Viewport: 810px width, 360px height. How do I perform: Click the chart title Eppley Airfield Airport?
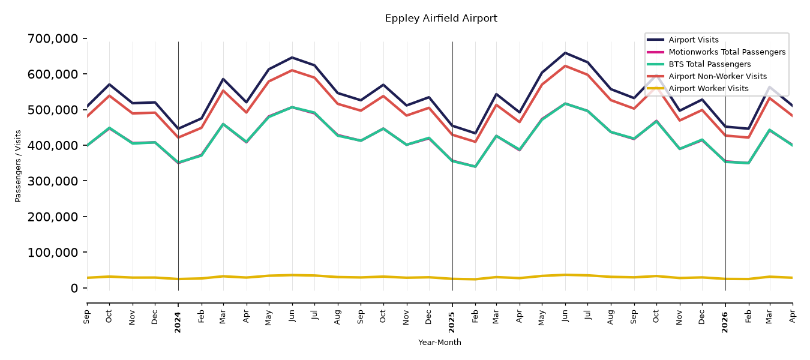[x=441, y=19]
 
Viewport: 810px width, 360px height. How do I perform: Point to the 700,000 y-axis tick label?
[x=53, y=38]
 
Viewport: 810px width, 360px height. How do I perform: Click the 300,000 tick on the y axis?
[x=53, y=181]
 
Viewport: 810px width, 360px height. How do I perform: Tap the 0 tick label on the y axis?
[x=74, y=288]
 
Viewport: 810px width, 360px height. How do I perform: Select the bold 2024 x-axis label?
[x=178, y=322]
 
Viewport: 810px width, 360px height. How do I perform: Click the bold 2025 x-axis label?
[x=452, y=322]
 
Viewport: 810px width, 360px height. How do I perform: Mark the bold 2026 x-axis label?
[x=725, y=322]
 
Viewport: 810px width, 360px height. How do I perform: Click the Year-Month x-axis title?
[x=440, y=342]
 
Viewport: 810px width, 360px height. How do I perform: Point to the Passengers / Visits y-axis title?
[x=18, y=166]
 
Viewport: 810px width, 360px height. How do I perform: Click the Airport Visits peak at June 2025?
[x=565, y=53]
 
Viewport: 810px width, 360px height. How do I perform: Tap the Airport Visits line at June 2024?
[x=292, y=58]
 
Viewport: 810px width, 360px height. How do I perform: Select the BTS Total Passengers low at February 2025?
[x=475, y=167]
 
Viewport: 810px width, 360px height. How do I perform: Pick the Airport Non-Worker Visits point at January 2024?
[x=178, y=137]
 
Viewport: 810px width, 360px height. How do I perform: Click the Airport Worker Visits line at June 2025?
[x=565, y=275]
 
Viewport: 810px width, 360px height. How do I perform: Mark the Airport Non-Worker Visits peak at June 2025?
[x=565, y=66]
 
